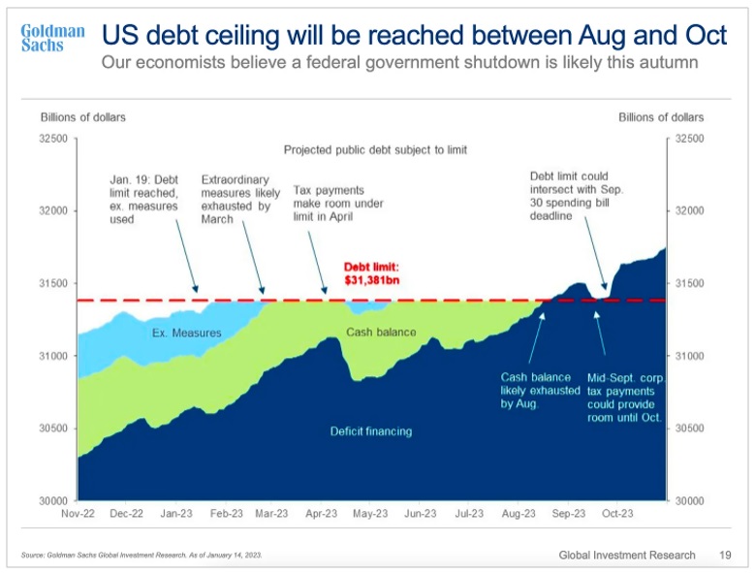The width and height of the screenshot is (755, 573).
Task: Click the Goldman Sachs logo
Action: pos(52,38)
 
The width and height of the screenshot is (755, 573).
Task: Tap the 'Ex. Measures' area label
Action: pos(187,334)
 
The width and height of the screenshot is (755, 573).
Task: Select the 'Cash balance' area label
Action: pos(381,333)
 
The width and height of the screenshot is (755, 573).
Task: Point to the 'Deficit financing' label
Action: pos(371,431)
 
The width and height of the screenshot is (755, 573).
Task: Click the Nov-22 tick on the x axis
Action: pos(78,514)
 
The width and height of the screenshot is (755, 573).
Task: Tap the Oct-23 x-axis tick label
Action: pos(617,514)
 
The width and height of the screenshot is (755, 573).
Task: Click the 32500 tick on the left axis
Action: pos(52,139)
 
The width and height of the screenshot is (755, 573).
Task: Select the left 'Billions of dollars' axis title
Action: pos(83,117)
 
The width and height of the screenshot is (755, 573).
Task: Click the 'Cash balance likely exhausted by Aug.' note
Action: pos(540,390)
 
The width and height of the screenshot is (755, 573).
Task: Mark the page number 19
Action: pos(725,555)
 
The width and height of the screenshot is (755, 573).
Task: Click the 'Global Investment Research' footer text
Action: pos(627,555)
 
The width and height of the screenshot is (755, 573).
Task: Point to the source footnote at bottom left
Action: pos(142,555)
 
